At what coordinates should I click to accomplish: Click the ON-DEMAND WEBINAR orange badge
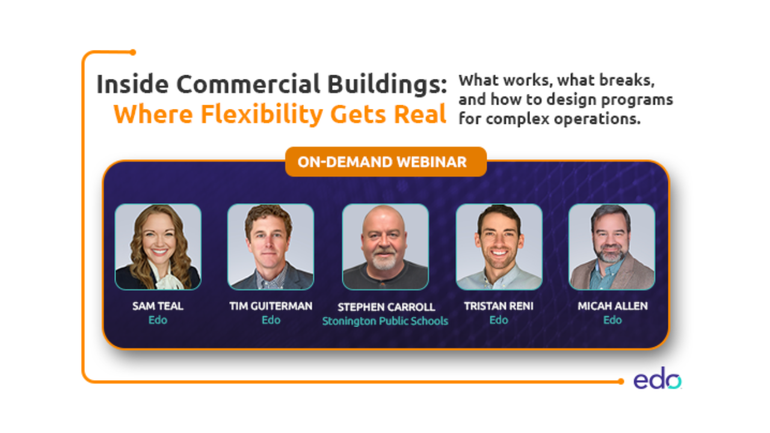click(386, 162)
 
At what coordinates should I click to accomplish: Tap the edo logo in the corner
click(658, 379)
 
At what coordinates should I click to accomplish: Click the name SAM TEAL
click(158, 306)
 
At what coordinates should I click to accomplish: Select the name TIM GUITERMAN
click(271, 306)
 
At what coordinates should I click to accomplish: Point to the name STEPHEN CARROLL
click(386, 307)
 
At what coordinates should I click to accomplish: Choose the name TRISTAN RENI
click(499, 306)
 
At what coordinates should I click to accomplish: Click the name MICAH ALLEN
click(612, 306)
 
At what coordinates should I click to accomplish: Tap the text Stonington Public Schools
click(385, 321)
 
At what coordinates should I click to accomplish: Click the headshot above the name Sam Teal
click(158, 247)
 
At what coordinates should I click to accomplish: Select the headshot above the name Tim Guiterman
click(271, 247)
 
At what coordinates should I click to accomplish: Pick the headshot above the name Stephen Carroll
click(386, 247)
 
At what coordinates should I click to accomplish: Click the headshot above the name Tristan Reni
click(499, 247)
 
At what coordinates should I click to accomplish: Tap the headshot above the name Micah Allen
click(612, 247)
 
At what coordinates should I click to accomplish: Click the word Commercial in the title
click(248, 84)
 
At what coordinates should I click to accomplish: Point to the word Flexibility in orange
click(262, 114)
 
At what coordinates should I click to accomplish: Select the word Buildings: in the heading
click(387, 85)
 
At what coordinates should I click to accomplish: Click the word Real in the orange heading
click(420, 114)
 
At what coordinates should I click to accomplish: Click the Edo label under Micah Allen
click(612, 320)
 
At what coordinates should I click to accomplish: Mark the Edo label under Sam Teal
click(158, 320)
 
